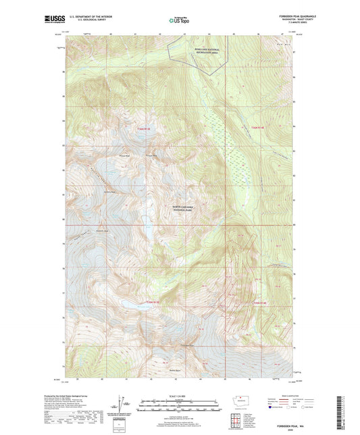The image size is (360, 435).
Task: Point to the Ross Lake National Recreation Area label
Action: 204,51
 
